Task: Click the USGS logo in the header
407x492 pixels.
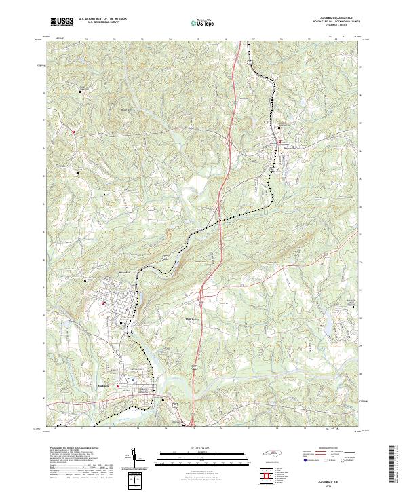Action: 62,22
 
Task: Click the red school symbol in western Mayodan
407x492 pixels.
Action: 103,303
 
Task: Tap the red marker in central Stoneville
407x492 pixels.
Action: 279,141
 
